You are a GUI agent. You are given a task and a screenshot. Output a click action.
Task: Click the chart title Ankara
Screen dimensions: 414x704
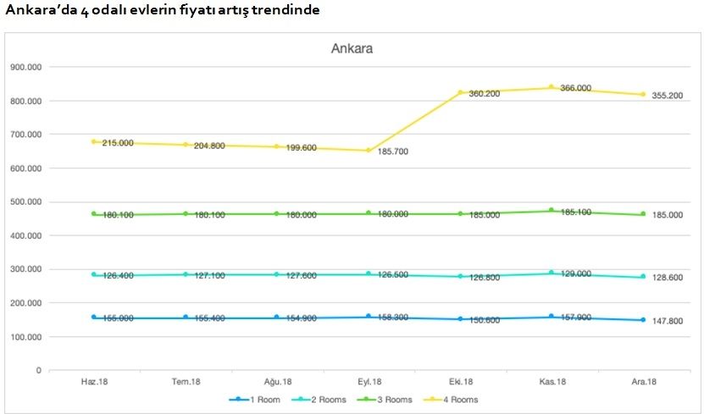(x=352, y=48)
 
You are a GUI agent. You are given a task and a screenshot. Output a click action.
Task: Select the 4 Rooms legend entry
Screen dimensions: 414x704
(x=458, y=399)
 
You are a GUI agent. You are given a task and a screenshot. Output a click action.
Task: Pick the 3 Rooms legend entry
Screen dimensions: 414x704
(x=391, y=399)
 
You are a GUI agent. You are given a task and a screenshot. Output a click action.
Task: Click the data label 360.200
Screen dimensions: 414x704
(x=485, y=94)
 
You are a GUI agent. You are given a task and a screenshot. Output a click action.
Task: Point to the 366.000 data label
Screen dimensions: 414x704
(x=576, y=88)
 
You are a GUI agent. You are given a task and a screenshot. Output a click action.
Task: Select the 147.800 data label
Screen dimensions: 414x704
(x=666, y=322)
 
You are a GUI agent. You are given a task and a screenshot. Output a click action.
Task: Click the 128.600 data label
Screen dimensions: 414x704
(x=666, y=278)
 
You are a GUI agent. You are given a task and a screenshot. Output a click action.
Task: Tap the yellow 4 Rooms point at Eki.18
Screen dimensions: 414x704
(x=461, y=92)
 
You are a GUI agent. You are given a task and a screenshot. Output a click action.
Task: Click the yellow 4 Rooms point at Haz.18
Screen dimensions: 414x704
(x=94, y=141)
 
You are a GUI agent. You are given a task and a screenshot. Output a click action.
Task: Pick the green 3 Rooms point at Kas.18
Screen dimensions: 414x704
(x=552, y=210)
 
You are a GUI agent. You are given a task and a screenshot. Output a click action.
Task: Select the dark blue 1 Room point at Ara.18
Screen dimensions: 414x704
(x=643, y=320)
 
